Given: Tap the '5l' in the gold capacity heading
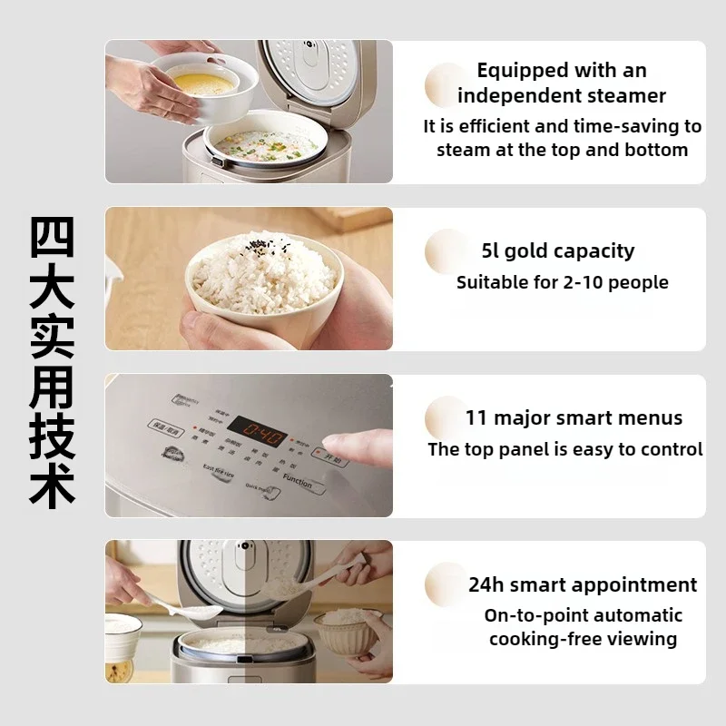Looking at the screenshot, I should coord(490,251).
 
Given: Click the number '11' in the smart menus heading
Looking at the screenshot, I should coord(476,418).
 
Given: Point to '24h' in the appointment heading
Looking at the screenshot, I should coord(486,584).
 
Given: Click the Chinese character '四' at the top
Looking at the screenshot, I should coord(52,237).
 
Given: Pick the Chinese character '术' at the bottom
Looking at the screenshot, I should coord(52,487).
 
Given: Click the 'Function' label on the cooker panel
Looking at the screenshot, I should coord(297,480).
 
